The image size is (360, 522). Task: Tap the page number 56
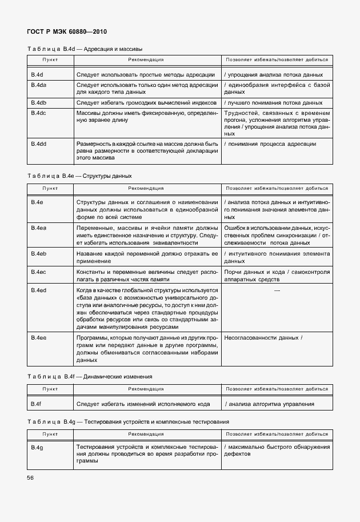[30, 477]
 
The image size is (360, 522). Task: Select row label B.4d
[37, 74]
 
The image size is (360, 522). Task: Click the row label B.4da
[38, 85]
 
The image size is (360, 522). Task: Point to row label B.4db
[38, 103]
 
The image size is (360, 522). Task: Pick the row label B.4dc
[38, 114]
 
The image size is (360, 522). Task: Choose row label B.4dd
[38, 144]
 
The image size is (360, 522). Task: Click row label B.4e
[37, 202]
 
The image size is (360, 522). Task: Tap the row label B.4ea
[38, 228]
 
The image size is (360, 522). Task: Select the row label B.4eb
[38, 253]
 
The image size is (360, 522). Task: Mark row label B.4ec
[38, 272]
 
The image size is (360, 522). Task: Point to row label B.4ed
[38, 290]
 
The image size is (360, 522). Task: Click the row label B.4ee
[38, 338]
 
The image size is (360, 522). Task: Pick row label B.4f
[36, 404]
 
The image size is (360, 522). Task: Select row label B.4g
[37, 446]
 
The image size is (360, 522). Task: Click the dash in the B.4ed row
[277, 291]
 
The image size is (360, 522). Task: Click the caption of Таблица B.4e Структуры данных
[80, 176]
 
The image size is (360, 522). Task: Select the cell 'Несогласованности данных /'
[263, 338]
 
